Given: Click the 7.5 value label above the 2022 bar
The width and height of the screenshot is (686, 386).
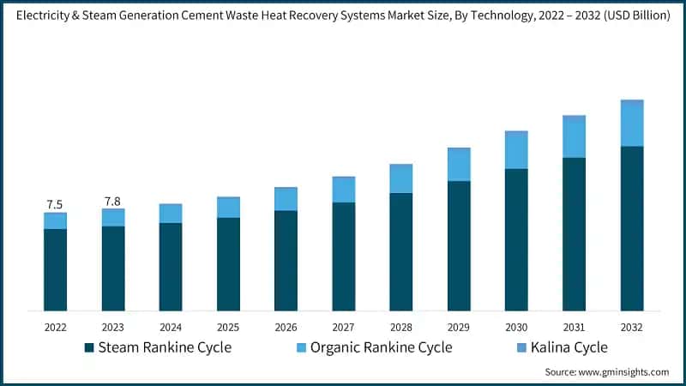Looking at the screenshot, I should coord(55,204).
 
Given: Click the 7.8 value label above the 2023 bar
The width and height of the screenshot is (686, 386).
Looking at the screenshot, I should coord(112,201).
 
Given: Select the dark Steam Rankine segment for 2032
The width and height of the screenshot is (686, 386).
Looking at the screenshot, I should coord(632,228).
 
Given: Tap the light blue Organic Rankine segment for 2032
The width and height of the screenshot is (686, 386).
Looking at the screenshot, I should coord(632,123).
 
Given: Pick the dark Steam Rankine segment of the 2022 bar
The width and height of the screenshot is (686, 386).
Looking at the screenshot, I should coord(55,269).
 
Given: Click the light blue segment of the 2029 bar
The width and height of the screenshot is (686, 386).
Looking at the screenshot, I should coord(459,164).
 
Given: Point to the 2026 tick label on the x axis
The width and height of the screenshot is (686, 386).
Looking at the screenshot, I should coord(286,327).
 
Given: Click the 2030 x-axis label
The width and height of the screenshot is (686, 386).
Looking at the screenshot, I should coord(516,327).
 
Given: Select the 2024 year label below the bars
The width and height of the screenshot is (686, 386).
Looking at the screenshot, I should coord(171,327).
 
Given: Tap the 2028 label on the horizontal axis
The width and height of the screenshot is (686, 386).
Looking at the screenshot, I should coord(401,327).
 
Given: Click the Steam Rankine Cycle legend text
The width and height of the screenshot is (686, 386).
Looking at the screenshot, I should coord(165,347).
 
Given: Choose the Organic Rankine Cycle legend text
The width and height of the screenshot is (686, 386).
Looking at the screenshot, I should coord(381,347).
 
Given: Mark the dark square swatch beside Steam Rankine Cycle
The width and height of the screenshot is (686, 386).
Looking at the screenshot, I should coord(89,347).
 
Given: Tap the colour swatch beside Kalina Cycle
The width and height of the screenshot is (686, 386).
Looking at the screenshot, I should coord(517,347).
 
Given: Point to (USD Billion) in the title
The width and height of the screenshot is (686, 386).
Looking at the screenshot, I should coord(630,16).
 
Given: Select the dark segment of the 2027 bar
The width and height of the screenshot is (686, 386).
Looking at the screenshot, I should coord(344,256).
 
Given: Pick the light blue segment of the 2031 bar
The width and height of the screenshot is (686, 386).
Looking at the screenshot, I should coord(574,136).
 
